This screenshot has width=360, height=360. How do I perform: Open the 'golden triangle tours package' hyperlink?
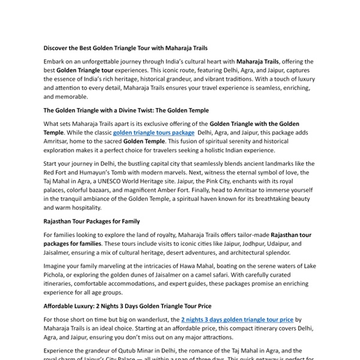tap(153, 133)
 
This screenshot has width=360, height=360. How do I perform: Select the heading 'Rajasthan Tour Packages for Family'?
tap(92, 221)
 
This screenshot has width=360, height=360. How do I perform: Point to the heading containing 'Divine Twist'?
tap(126, 110)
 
